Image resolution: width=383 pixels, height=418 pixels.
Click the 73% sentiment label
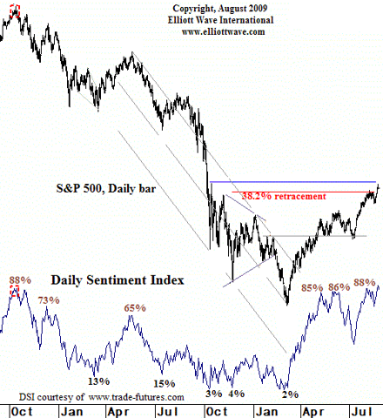[49, 300]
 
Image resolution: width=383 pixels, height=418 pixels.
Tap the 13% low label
[97, 381]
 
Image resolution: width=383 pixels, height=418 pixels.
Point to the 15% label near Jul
[164, 383]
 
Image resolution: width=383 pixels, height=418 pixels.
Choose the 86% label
[339, 286]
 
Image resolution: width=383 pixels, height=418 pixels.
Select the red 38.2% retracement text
[284, 196]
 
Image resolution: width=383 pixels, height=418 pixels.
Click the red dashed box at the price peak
[13, 12]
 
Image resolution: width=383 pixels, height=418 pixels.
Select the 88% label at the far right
[364, 282]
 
